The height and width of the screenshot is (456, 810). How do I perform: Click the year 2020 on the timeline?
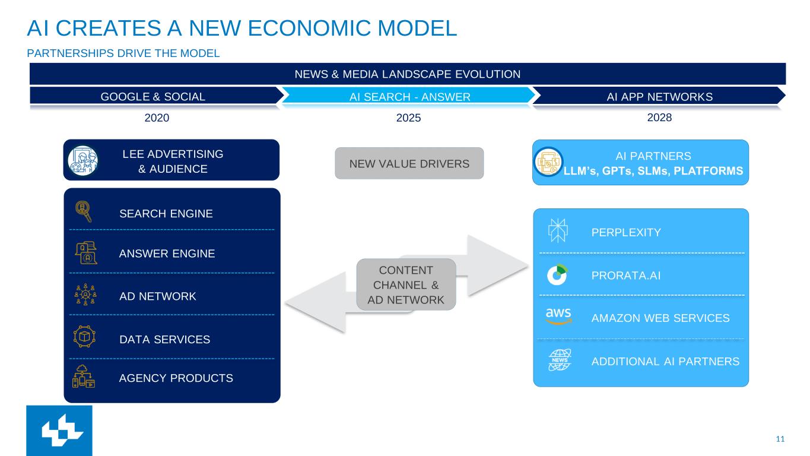tap(157, 118)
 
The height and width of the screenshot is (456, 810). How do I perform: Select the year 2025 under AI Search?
tap(408, 118)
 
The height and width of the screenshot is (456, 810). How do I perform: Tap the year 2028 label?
tap(659, 117)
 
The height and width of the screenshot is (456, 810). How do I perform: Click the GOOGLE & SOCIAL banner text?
tap(153, 96)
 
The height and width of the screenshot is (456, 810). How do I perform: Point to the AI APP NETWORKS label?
tap(659, 96)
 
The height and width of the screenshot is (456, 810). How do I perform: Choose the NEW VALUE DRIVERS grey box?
tap(409, 163)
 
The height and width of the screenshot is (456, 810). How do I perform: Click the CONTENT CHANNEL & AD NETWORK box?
tap(406, 284)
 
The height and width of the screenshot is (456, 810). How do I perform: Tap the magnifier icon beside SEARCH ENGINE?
tap(84, 211)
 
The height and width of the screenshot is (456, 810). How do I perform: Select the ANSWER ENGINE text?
tap(167, 254)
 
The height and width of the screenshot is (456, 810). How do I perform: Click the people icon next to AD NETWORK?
tap(85, 294)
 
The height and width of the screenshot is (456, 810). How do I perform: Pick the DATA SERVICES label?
tap(164, 340)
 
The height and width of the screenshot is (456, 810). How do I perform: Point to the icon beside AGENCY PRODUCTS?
tap(84, 376)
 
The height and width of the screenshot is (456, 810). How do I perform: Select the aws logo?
tap(558, 316)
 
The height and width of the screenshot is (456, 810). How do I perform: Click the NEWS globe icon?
tap(558, 360)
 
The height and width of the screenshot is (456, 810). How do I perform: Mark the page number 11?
tap(780, 439)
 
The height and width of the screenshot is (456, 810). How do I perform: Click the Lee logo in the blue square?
tap(59, 431)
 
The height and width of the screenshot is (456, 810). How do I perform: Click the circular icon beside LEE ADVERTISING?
tap(82, 160)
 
